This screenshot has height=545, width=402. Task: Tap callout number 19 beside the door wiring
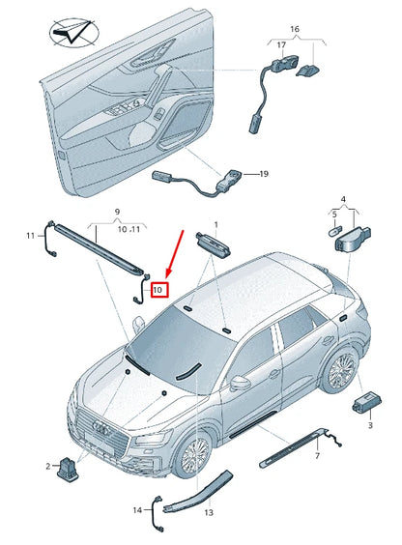(262, 174)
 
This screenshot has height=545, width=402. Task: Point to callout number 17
(281, 45)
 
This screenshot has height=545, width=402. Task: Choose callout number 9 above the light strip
(119, 211)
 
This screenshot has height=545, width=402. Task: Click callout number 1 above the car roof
(216, 223)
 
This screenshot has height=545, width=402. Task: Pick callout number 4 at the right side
(342, 199)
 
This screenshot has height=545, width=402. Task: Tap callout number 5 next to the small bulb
(334, 214)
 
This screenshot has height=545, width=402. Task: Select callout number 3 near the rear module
(368, 425)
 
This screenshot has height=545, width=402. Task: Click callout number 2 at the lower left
(46, 467)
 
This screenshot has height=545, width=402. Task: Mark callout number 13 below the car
(208, 512)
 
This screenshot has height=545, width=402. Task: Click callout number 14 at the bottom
(137, 509)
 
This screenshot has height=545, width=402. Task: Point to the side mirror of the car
(237, 380)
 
